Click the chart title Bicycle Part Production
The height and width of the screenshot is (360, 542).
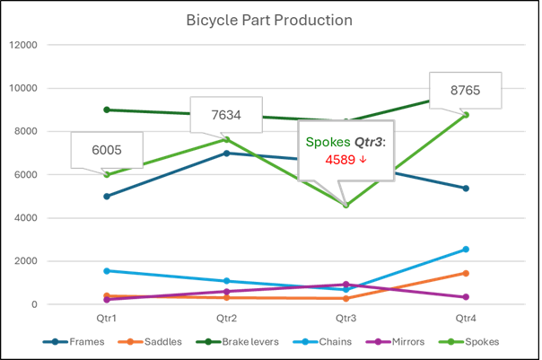(x=269, y=20)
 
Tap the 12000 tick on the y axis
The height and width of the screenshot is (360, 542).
(x=23, y=45)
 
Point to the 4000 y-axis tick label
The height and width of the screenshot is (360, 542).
(x=26, y=218)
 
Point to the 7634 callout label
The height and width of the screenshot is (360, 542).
(x=226, y=115)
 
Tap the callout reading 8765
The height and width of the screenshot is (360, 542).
(x=466, y=91)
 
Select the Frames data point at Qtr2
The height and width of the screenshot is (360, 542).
(x=226, y=154)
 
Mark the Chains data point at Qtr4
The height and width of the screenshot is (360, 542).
(x=466, y=250)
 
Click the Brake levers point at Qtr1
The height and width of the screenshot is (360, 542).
(x=107, y=110)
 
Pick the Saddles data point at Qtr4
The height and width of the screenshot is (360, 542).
(x=466, y=273)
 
